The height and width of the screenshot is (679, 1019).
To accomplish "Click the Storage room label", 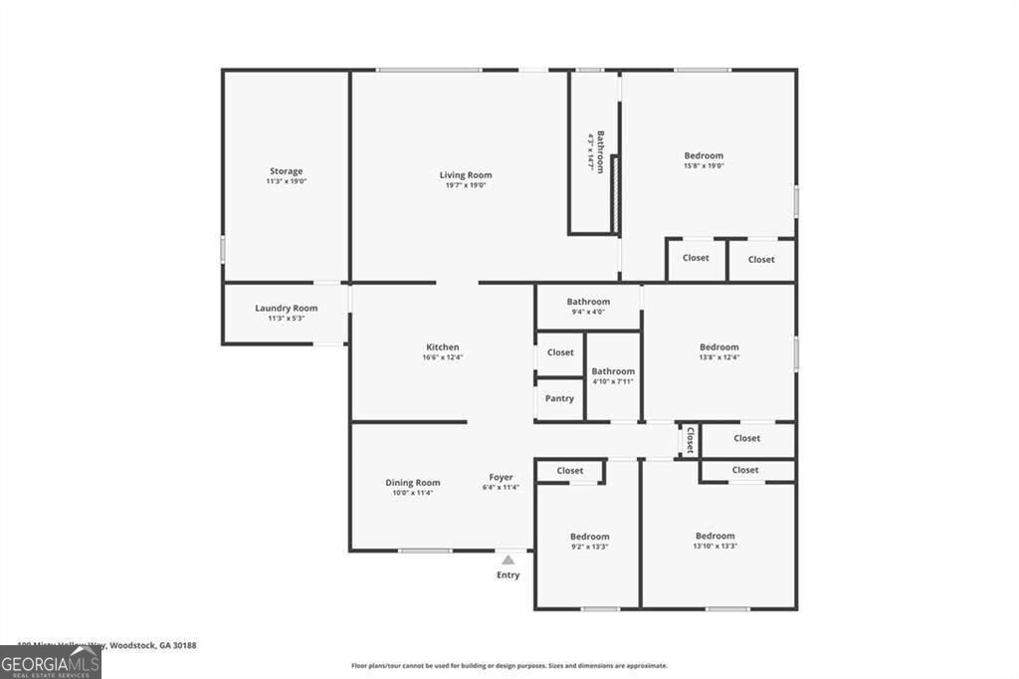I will pos(286,171).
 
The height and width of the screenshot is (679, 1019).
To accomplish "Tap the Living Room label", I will pos(466,175).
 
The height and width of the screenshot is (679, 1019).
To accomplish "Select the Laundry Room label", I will pos(286,309).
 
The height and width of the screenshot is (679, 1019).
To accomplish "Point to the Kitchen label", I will pos(443,347).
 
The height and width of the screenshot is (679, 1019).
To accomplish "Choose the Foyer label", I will pos(501,478).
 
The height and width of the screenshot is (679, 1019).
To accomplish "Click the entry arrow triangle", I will pos(509,561).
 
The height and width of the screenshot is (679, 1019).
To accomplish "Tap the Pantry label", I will pos(559,398).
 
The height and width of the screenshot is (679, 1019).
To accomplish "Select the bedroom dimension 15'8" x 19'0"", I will pos(704,166).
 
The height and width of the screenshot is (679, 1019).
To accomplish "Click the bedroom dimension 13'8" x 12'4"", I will pos(718,357).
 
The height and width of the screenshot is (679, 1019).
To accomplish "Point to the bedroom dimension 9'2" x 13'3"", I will pos(589,547).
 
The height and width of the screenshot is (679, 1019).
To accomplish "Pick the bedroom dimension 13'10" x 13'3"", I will pos(714,546).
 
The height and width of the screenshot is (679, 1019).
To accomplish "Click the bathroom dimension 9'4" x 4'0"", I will pos(588,312).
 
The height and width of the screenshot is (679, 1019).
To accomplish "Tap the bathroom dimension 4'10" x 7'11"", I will pos(613,381).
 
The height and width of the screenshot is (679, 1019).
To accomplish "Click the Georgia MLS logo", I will pos(50,662).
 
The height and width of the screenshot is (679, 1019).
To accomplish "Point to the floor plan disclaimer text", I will pos(509,666).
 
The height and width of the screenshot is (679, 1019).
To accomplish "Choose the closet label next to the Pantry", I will pos(560,352).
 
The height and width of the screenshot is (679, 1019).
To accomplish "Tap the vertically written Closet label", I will pos(689,440).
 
